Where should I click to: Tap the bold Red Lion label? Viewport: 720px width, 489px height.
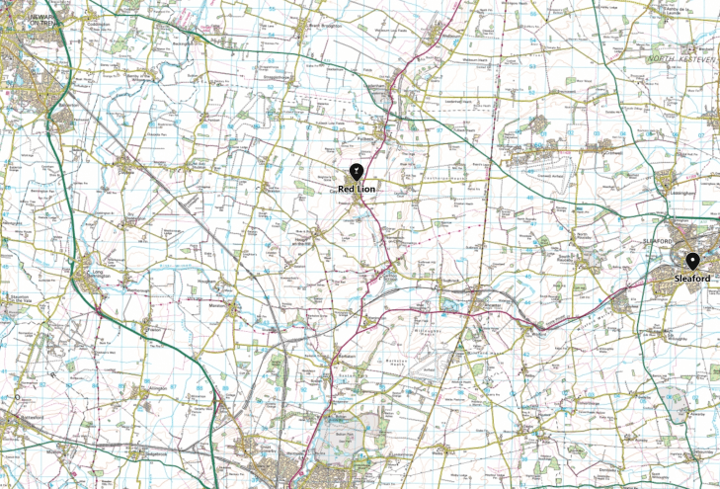[356, 188]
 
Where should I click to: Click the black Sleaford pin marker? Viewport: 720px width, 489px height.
[693, 261]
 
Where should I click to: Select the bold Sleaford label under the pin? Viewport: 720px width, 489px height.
[692, 280]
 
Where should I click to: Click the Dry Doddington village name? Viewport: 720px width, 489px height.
[129, 214]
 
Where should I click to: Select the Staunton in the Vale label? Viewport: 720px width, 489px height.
[20, 296]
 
